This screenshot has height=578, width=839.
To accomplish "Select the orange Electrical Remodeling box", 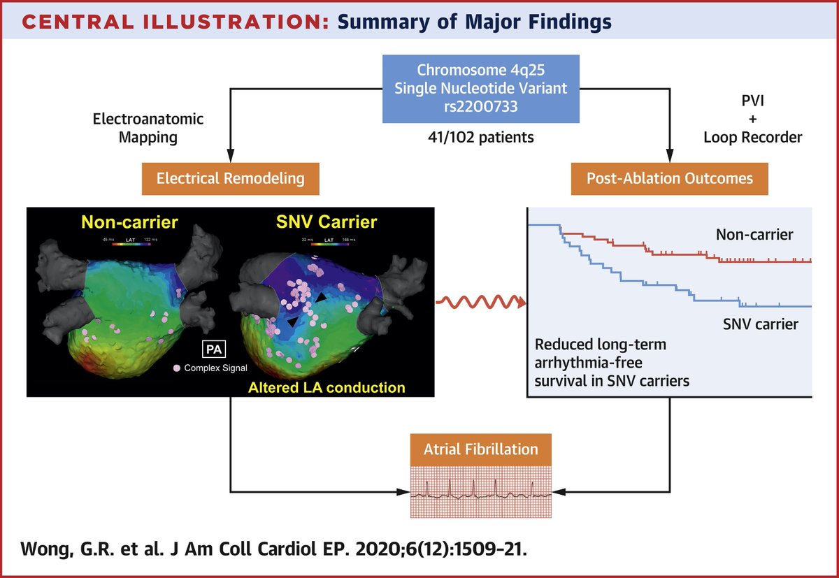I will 231,178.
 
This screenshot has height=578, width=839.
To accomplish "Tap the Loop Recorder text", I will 752,138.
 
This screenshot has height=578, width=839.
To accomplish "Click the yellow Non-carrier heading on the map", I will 129,223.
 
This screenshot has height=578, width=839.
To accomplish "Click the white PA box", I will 212,348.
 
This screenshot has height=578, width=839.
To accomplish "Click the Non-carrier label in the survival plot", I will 754,235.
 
